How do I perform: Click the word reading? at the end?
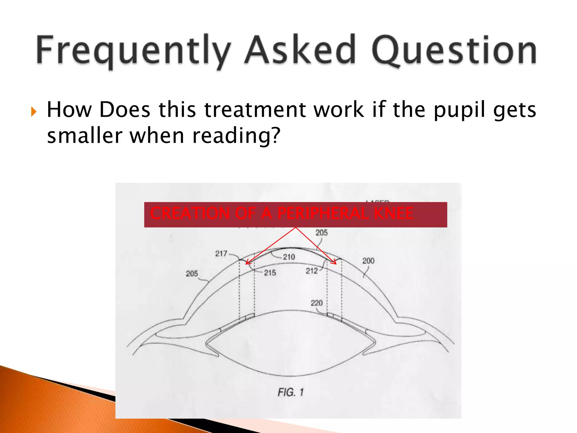point(236,136)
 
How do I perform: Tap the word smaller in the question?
point(85,136)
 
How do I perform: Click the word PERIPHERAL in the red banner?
point(323,213)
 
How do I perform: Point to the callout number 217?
point(221,253)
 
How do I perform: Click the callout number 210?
point(289,257)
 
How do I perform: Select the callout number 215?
point(270,273)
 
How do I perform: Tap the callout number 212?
point(312,271)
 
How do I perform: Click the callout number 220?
point(317,303)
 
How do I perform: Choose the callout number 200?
point(368,261)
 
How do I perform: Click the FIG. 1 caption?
point(290,392)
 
